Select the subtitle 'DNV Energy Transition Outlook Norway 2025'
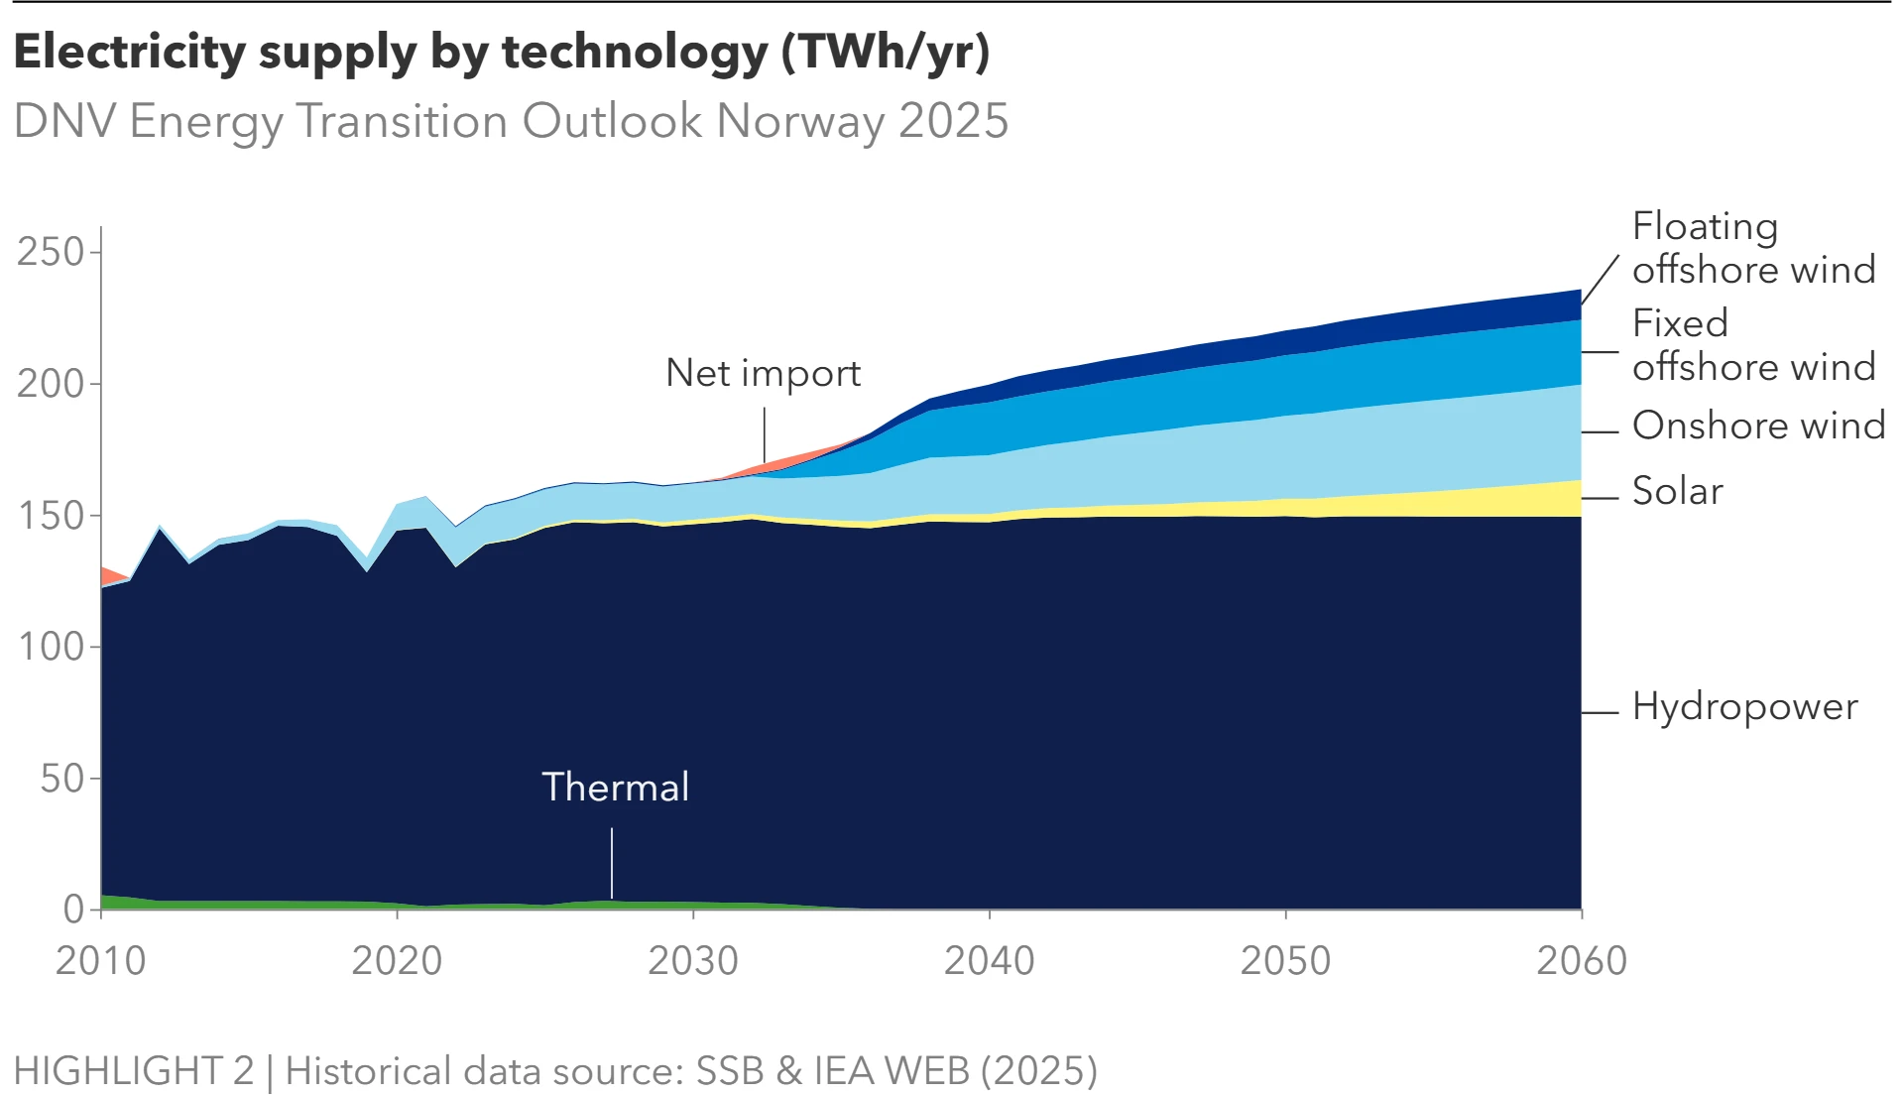tap(511, 121)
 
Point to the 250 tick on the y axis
tap(51, 252)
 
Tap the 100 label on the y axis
tap(51, 647)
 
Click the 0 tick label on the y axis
tap(73, 909)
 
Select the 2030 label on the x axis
tap(692, 960)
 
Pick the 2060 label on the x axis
tap(1581, 960)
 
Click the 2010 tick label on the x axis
tap(100, 960)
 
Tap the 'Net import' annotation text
tap(763, 373)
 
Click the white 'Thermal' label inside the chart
tap(615, 787)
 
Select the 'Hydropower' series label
tap(1744, 706)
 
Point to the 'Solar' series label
tap(1677, 491)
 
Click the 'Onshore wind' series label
tap(1758, 425)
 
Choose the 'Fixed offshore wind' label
tap(1753, 344)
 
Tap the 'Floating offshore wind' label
tap(1753, 247)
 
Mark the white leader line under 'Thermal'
tap(612, 863)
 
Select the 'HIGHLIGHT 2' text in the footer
tap(134, 1070)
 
